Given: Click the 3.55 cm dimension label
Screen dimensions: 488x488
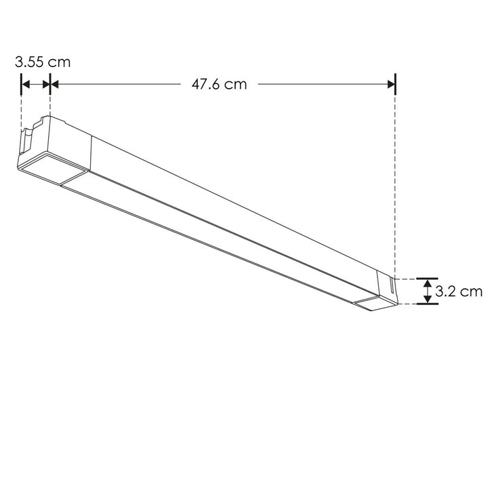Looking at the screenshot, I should pos(43,62).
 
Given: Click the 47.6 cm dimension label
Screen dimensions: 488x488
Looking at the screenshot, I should pos(219,85).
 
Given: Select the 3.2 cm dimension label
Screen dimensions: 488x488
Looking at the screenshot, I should pos(459,292).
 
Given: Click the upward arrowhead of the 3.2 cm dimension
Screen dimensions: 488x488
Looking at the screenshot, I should pos(427,283).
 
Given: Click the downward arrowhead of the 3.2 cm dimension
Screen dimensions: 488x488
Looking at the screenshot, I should pos(427,299).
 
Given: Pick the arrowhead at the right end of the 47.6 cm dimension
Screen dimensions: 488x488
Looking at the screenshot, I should pos(390,85).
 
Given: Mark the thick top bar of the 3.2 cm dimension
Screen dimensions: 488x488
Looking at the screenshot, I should pos(427,278).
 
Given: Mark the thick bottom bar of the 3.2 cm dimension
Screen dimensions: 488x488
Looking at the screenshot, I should pos(427,304).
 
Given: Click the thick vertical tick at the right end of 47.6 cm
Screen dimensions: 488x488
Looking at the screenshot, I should pos(395,85).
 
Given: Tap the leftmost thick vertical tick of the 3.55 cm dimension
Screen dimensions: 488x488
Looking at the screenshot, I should pos(22,85).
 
